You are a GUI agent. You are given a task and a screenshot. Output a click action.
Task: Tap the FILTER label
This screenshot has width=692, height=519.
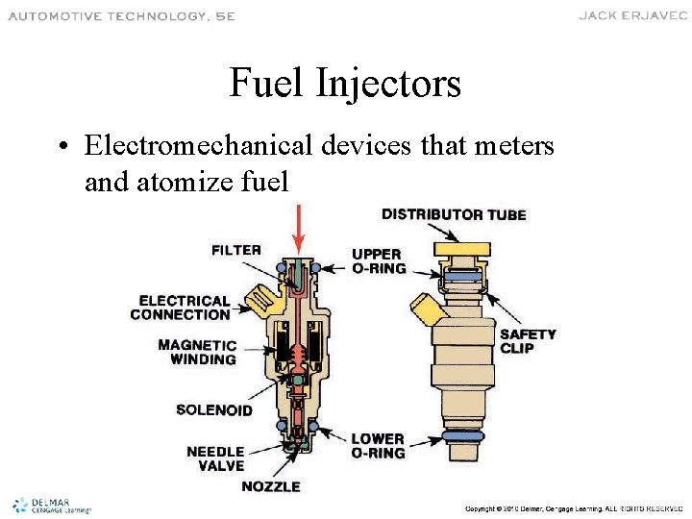click(x=236, y=250)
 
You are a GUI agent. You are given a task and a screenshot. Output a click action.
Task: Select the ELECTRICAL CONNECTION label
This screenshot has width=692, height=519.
click(x=181, y=308)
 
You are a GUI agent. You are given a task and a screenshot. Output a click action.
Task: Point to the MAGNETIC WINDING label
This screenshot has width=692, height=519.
click(x=197, y=352)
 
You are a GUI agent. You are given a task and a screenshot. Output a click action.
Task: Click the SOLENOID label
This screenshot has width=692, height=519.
click(x=214, y=410)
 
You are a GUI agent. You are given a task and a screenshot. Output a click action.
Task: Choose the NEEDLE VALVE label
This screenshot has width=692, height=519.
click(x=215, y=458)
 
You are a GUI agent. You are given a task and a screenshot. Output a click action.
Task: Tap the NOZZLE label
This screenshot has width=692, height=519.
click(x=271, y=486)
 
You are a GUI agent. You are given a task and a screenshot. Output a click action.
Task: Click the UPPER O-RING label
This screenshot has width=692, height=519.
click(x=379, y=261)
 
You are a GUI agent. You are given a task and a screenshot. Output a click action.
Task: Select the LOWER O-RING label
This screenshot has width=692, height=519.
click(x=378, y=446)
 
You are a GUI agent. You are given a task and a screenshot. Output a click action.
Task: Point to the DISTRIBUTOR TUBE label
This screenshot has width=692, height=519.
click(x=454, y=214)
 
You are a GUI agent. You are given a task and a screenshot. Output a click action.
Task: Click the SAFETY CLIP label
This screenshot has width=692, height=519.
click(x=528, y=341)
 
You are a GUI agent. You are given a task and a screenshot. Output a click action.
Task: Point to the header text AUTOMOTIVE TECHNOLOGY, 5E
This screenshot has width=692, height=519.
click(x=122, y=16)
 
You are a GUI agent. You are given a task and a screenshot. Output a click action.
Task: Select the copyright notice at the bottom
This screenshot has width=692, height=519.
click(x=573, y=507)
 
